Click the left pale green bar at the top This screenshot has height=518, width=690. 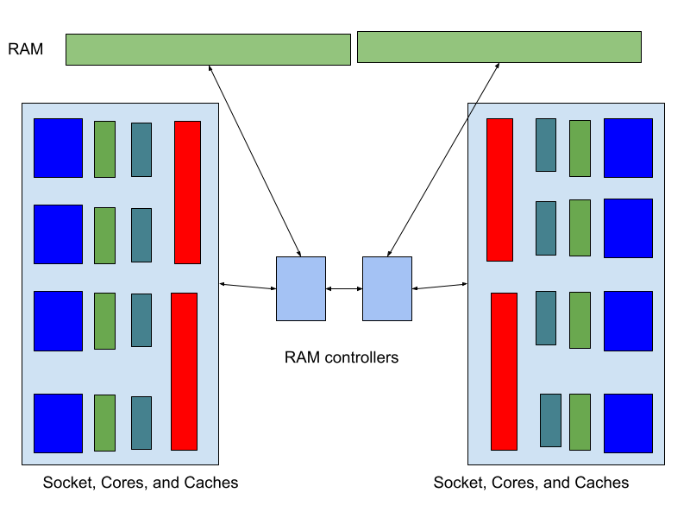208,49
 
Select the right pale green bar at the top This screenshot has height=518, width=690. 499,47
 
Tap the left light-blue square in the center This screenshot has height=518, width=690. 301,288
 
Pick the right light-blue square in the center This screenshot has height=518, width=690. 387,288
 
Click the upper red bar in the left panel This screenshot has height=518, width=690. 187,192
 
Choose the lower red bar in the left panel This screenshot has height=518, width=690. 184,371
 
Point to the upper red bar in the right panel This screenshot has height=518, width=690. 499,189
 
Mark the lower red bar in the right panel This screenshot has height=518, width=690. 504,371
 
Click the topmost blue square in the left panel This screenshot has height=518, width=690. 58,148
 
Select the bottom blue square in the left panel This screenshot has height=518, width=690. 58,423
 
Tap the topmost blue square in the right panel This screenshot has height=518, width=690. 628,148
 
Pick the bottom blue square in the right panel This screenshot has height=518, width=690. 628,423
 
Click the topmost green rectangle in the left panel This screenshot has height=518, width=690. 104,148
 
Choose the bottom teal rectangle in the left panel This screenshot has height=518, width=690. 141,422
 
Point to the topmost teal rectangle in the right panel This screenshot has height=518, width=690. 545,144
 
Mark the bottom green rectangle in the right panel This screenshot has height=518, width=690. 580,421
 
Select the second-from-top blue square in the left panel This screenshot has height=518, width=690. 58,234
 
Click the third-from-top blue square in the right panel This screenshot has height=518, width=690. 628,320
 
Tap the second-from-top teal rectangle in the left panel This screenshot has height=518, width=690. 141,235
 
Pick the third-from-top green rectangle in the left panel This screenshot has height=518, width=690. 104,320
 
